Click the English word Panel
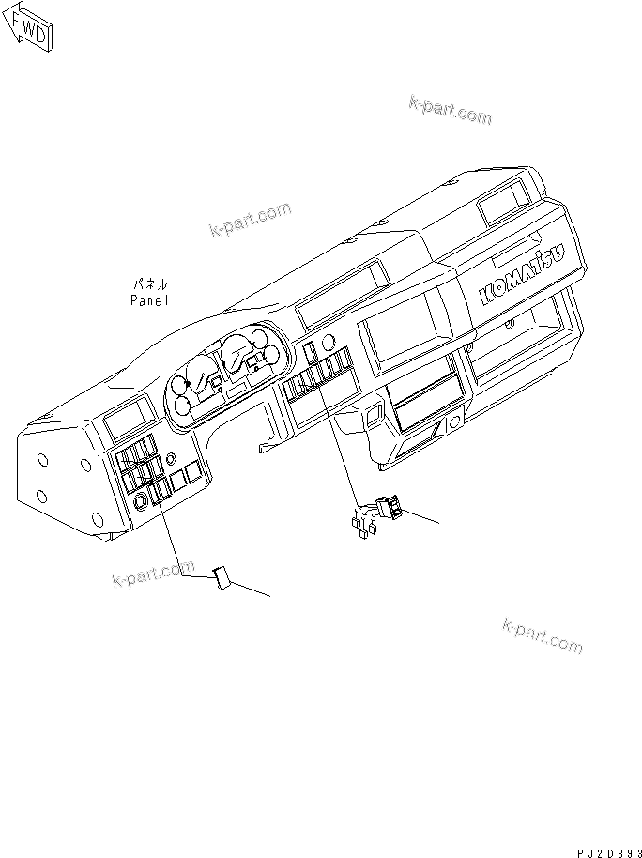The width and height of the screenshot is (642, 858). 149,300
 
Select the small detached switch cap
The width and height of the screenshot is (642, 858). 222,576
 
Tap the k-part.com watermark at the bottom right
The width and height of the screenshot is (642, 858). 543,636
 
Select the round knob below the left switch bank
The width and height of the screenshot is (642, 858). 141,501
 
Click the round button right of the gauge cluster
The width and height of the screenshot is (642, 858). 328,339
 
